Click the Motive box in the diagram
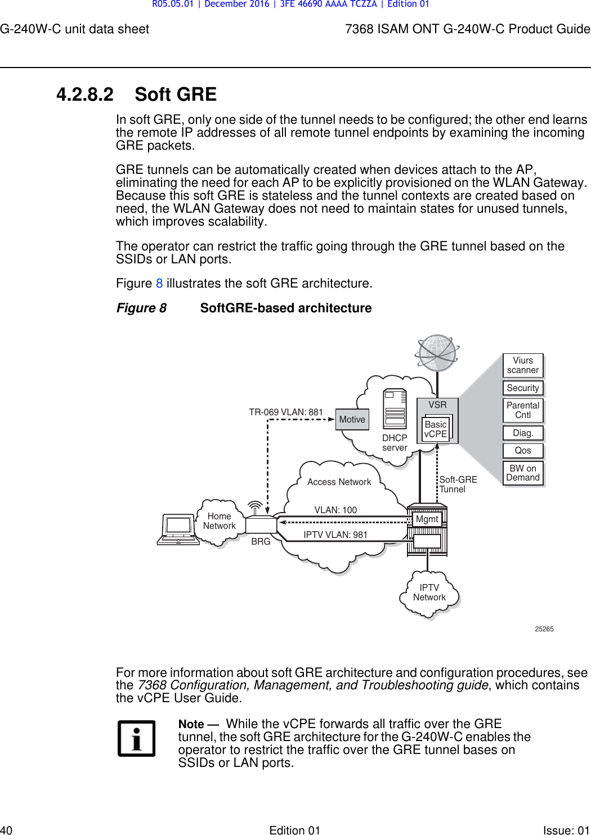(x=352, y=420)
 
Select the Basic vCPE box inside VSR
(x=436, y=429)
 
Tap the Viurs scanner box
(x=523, y=365)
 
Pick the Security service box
(x=523, y=388)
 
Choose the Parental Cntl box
(x=523, y=410)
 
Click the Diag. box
(x=523, y=433)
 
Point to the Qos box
(x=523, y=451)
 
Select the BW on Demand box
(x=523, y=473)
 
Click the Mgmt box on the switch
(x=427, y=519)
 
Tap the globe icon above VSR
(x=437, y=353)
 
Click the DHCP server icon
(x=395, y=409)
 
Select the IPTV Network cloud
(x=429, y=593)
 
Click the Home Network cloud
(x=220, y=522)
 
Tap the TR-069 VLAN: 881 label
(x=286, y=412)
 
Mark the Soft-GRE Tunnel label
(x=458, y=484)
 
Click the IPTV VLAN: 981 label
(x=335, y=535)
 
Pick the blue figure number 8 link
(x=159, y=284)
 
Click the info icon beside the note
(x=136, y=739)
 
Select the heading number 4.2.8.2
(x=85, y=95)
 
